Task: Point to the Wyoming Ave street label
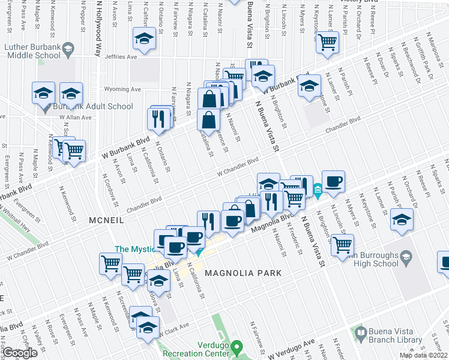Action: [122, 89]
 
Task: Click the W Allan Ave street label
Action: [78, 118]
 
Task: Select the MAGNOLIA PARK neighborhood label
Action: [243, 273]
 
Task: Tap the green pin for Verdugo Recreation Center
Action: [237, 346]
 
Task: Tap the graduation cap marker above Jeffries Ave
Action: [143, 40]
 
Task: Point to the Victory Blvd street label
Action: [358, 2]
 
